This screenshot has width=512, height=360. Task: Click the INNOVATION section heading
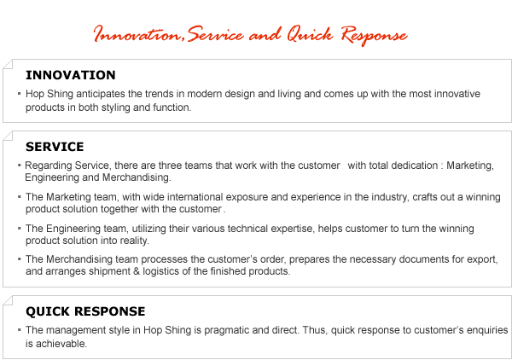click(x=71, y=75)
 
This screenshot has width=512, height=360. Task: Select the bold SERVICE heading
click(x=55, y=147)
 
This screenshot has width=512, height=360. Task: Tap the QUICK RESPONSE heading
click(x=85, y=311)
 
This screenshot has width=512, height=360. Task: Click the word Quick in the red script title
click(x=310, y=35)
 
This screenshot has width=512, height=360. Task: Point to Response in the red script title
click(x=375, y=36)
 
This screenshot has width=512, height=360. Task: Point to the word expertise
click(x=293, y=229)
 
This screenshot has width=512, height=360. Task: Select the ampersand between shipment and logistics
click(x=137, y=271)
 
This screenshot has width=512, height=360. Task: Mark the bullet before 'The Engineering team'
click(x=20, y=228)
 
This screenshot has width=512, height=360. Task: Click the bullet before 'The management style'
click(x=20, y=330)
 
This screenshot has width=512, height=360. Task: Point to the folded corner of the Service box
click(x=8, y=136)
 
